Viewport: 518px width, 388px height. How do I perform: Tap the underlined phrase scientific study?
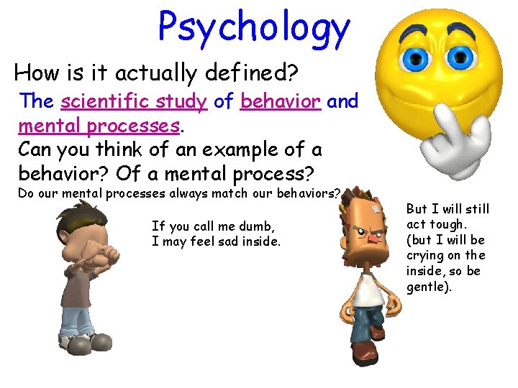pyautogui.click(x=134, y=101)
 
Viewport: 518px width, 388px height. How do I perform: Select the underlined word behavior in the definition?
pyautogui.click(x=281, y=101)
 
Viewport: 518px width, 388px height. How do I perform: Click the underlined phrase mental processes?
pyautogui.click(x=99, y=126)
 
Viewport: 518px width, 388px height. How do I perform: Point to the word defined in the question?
pyautogui.click(x=244, y=73)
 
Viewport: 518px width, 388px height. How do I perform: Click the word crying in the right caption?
pyautogui.click(x=424, y=256)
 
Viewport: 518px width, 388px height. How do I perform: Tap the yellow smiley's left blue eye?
pyautogui.click(x=414, y=56)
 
